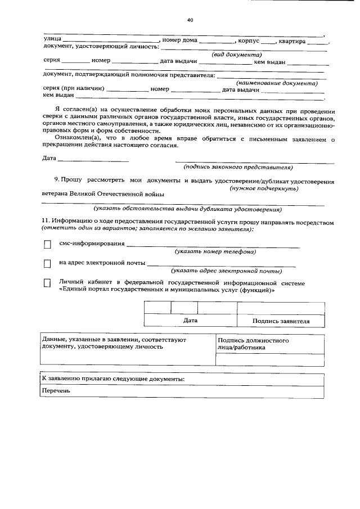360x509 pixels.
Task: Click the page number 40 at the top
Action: [x=190, y=21]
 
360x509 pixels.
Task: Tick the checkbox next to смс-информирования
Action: [x=47, y=245]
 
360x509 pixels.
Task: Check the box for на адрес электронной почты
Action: [x=47, y=263]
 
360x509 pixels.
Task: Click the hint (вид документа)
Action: [x=237, y=55]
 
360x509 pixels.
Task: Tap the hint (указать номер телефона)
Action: [x=215, y=251]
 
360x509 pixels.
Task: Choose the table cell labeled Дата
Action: [x=190, y=321]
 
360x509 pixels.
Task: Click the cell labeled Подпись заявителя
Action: [x=281, y=321]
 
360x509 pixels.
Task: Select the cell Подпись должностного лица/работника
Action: [x=253, y=344]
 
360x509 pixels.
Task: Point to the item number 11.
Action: [x=46, y=223]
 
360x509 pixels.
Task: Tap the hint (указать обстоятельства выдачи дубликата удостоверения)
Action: [x=187, y=209]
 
